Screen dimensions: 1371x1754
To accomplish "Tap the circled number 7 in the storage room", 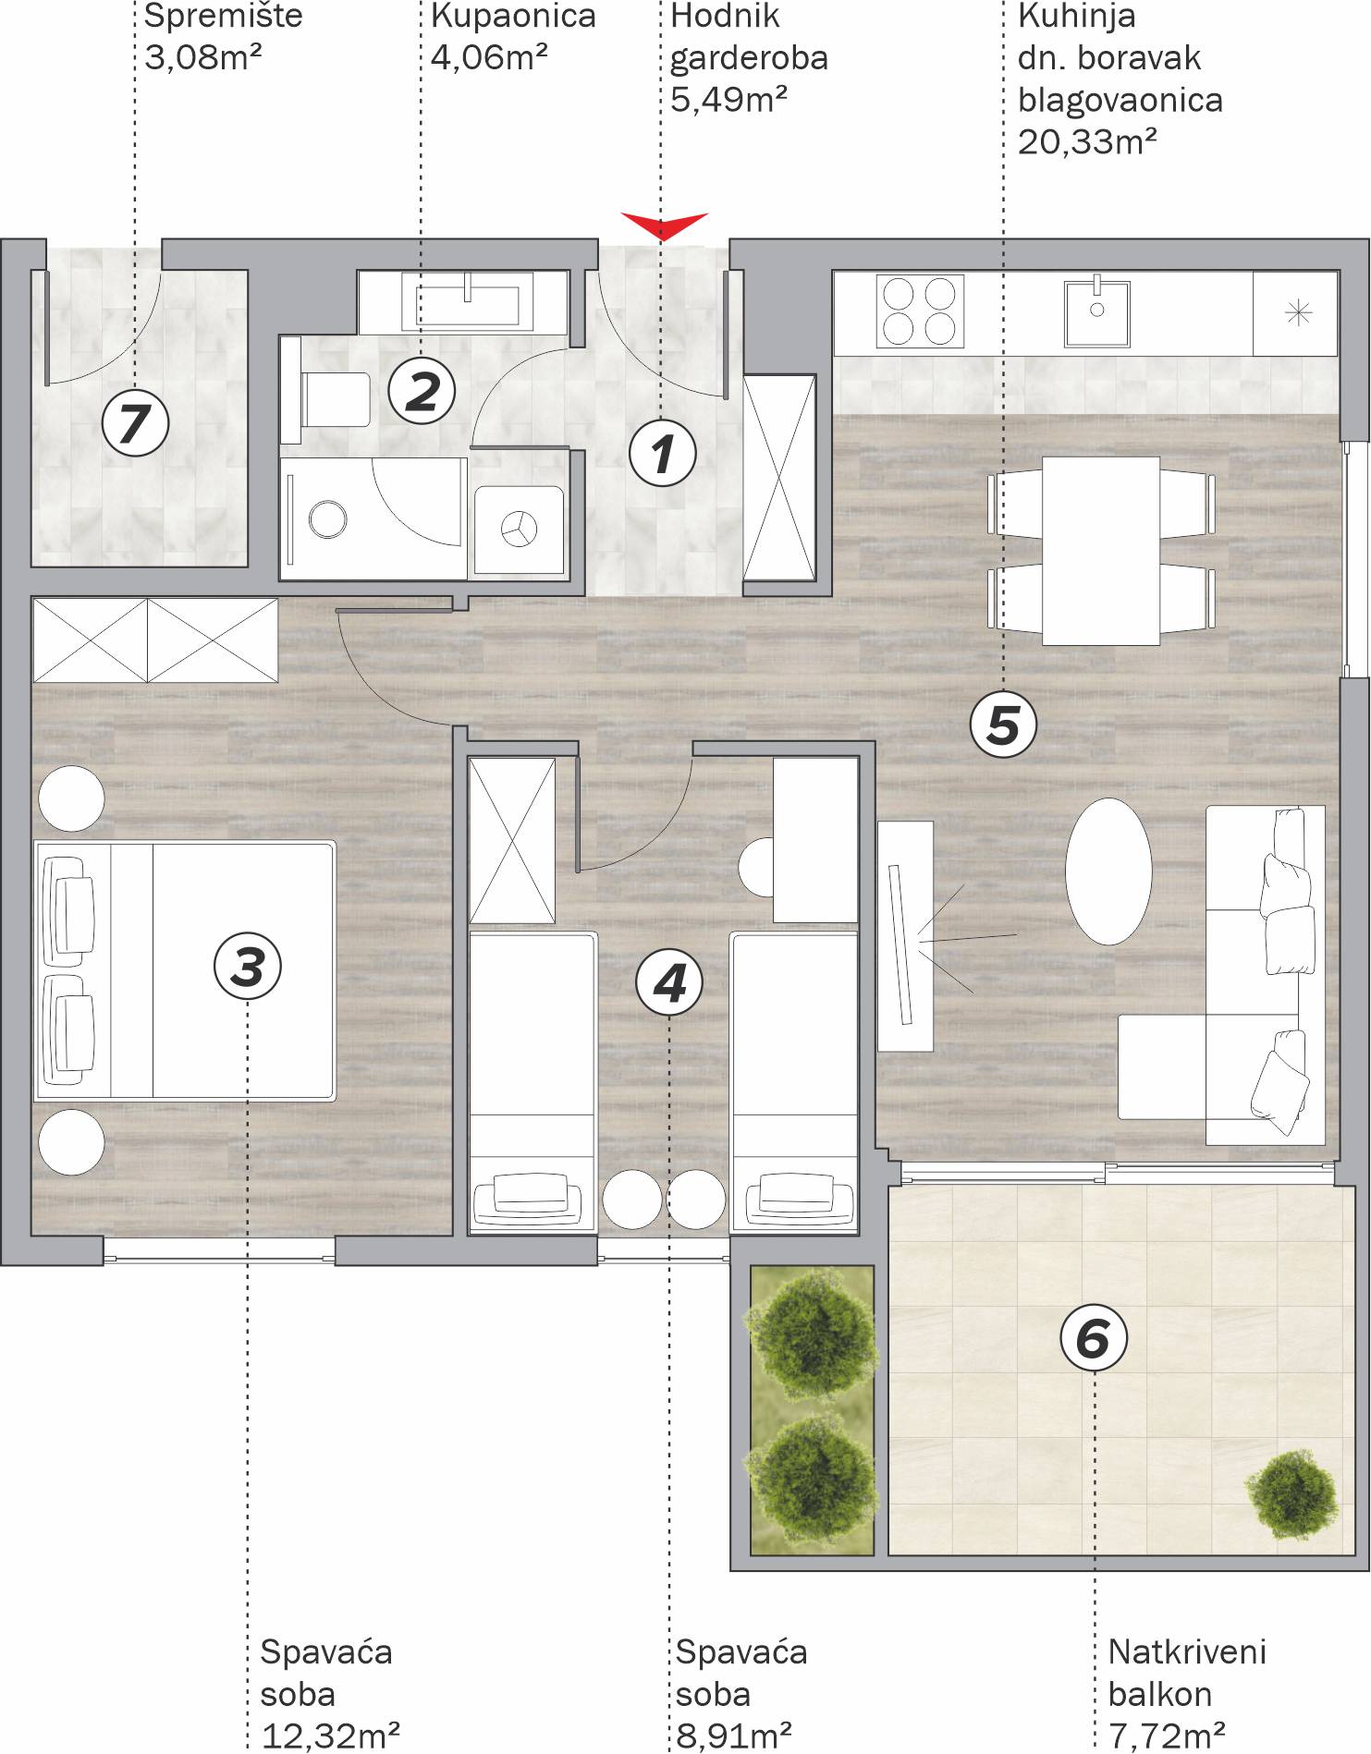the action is (x=135, y=424).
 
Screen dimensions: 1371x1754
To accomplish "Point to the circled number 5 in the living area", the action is (x=1003, y=725).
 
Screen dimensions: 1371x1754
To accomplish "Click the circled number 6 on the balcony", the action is (x=1094, y=1339).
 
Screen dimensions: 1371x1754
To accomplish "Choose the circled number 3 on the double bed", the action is (x=248, y=967).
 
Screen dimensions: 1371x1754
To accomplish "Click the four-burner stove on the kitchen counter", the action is (x=919, y=311).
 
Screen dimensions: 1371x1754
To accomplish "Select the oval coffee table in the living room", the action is (x=1108, y=871).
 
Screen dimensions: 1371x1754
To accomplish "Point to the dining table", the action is (x=1101, y=550).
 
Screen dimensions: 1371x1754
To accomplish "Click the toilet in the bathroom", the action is (x=325, y=399).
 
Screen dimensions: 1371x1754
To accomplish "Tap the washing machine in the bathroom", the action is (x=519, y=530).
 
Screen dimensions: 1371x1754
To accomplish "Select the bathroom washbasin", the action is (x=467, y=300).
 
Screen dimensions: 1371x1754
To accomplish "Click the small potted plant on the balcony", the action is (x=1291, y=1494).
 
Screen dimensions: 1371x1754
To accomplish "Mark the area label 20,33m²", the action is (x=1087, y=142).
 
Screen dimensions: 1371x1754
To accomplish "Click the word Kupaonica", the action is (x=513, y=17).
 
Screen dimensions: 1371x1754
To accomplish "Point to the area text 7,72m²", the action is (x=1167, y=1736).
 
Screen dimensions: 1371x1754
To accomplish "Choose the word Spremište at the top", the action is (x=224, y=17).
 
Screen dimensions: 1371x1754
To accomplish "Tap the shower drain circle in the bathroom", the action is (x=327, y=518).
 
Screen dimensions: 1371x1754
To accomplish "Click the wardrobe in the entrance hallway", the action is (x=779, y=478).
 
